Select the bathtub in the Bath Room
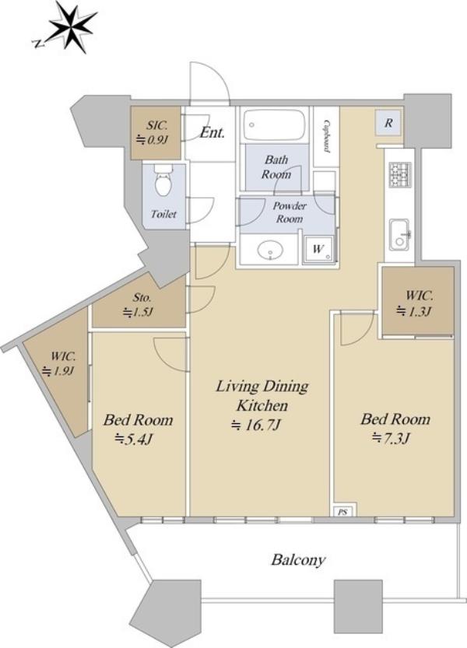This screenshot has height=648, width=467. pos(275,124)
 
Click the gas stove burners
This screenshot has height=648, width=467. pos(399,174)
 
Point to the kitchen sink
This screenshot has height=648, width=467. pos(399,234)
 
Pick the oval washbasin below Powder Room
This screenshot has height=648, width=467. pos(270,250)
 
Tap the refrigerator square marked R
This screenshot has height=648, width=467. pos(388,123)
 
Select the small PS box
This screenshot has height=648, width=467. pos(342,512)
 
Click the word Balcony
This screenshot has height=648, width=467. pos(298,560)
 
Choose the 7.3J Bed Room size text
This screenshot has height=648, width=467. pos(391,438)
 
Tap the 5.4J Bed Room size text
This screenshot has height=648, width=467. pos(134,439)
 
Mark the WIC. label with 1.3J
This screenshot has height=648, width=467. pos(419,296)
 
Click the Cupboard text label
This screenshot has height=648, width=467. pos(327,137)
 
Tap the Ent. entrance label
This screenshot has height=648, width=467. pos(212,133)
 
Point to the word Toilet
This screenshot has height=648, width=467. pos(163,214)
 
